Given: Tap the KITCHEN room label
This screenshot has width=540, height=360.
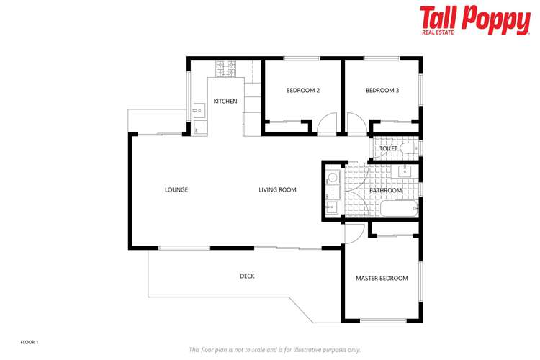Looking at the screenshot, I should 225,102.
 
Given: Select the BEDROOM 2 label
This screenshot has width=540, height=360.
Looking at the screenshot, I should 302,91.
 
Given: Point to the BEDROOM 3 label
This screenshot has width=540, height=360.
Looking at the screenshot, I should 382,91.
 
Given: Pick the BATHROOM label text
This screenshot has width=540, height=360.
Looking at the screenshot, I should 385,190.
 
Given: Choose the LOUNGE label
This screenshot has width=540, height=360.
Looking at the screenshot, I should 176,190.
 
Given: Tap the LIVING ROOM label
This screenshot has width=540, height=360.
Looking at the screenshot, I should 278,190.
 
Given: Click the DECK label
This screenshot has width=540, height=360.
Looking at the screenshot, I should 247,276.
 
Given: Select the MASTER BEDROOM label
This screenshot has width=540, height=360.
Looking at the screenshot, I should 382,278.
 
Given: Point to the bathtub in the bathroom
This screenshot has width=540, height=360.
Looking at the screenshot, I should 398,210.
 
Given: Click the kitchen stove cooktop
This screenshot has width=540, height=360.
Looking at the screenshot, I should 225,69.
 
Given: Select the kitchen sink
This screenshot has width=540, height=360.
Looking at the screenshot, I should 198,111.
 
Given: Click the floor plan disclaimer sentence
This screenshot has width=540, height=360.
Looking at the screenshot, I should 274,349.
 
